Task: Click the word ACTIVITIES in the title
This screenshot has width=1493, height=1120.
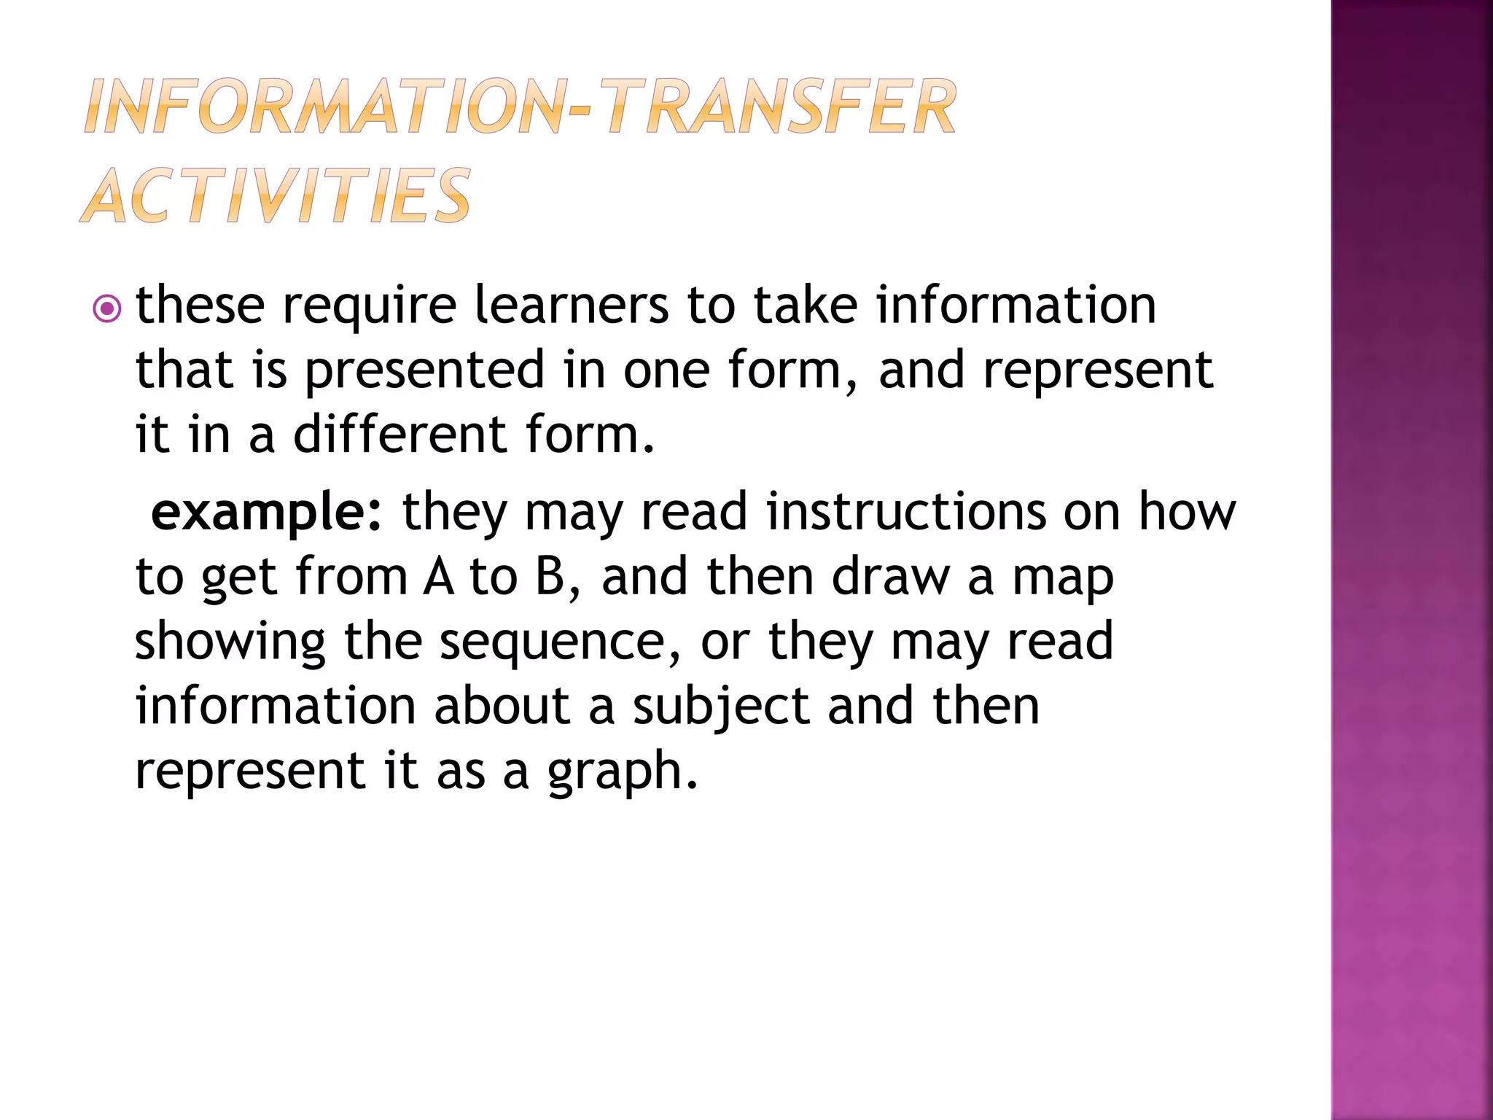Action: (x=276, y=195)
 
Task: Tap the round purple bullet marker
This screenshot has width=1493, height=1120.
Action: (x=107, y=309)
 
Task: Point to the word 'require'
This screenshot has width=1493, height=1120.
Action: (x=370, y=306)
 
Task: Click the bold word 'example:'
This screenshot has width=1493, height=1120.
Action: (x=266, y=513)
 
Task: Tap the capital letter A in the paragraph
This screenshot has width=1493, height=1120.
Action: (x=438, y=577)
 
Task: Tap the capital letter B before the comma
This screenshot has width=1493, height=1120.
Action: (x=550, y=577)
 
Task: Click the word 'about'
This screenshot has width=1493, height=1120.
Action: (x=502, y=706)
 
